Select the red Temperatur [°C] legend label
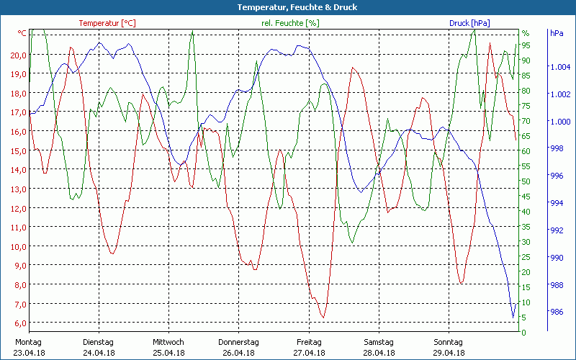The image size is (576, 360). (x=107, y=23)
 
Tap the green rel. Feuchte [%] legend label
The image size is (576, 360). (x=291, y=23)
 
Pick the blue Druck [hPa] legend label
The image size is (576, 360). (x=469, y=23)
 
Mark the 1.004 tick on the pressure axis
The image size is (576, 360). (x=559, y=67)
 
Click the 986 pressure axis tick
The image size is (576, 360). (x=557, y=312)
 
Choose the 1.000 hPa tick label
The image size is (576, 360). (x=559, y=122)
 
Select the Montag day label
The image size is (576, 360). (x=28, y=342)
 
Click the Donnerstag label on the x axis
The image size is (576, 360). (x=238, y=342)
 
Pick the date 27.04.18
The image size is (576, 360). (x=309, y=353)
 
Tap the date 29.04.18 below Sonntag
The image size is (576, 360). (x=449, y=353)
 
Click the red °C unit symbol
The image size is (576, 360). (x=22, y=33)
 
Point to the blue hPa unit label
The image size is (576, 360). (x=557, y=33)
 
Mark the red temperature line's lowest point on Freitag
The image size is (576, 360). (x=323, y=318)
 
